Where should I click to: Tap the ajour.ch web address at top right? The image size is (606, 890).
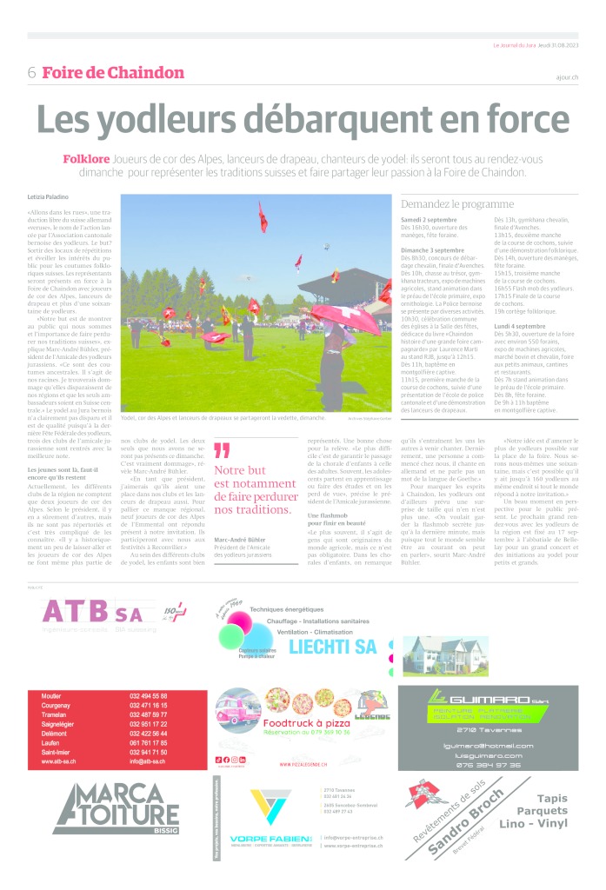tap(566, 77)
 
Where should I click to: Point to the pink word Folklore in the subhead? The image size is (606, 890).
tap(86, 159)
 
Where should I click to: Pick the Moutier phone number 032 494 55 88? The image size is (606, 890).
tap(149, 696)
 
